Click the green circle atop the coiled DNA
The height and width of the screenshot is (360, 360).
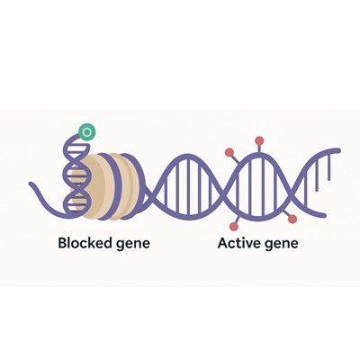point(87,131)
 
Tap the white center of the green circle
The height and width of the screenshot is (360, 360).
point(87,131)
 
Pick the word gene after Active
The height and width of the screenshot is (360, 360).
point(282,244)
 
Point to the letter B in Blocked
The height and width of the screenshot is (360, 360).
point(62,243)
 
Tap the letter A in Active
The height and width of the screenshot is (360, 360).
point(223,243)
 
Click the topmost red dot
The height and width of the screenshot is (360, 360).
point(259,140)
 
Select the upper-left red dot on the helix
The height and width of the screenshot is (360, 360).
point(229,152)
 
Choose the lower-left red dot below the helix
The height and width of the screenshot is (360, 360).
point(234,227)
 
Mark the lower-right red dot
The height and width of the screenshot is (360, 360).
point(292,220)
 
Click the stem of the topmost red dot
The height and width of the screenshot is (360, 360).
point(259,148)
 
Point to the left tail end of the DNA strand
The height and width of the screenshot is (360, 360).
point(31,184)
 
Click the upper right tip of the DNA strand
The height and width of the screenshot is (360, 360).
point(339,149)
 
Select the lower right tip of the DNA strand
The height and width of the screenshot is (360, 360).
point(324,215)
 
